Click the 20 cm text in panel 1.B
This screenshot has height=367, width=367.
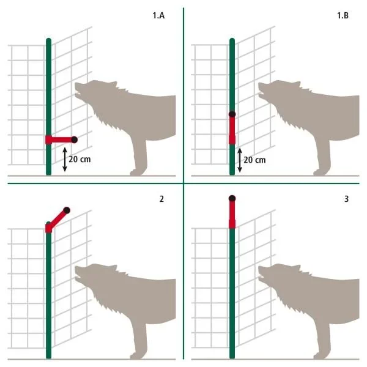(255, 160)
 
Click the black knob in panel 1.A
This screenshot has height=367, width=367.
(75, 139)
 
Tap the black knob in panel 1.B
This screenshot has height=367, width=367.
(232, 114)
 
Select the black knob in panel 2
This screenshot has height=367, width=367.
(66, 210)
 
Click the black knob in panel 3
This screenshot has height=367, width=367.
(232, 198)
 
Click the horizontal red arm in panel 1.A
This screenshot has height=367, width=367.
(59, 139)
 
